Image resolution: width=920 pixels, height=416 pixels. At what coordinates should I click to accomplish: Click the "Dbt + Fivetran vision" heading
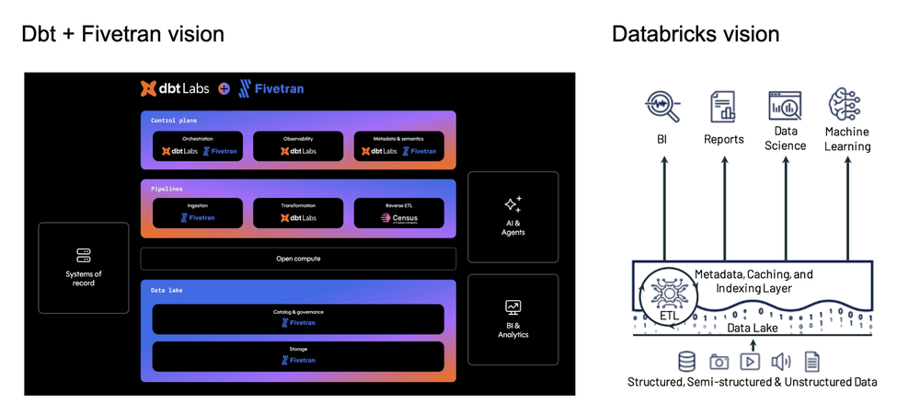[x=123, y=34]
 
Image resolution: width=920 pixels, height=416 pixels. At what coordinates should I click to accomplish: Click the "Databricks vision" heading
[x=696, y=34]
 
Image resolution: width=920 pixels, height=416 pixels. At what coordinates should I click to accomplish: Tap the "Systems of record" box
[x=85, y=266]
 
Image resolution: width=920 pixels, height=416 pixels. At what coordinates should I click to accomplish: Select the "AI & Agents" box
[x=512, y=215]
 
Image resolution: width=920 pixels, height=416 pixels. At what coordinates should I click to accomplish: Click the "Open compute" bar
[x=298, y=259]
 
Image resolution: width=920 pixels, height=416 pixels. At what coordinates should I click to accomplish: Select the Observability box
[x=298, y=146]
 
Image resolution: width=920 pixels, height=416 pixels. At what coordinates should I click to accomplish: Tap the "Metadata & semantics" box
[x=398, y=146]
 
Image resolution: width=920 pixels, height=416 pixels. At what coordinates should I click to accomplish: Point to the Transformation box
[x=298, y=214]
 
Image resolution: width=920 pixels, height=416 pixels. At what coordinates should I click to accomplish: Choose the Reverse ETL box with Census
[x=398, y=214]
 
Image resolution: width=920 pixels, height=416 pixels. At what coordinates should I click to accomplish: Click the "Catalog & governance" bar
[x=298, y=318]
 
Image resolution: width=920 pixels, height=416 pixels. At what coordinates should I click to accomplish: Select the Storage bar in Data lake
[x=298, y=355]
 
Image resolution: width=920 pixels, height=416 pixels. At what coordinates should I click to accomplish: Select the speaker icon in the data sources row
[x=780, y=361]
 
